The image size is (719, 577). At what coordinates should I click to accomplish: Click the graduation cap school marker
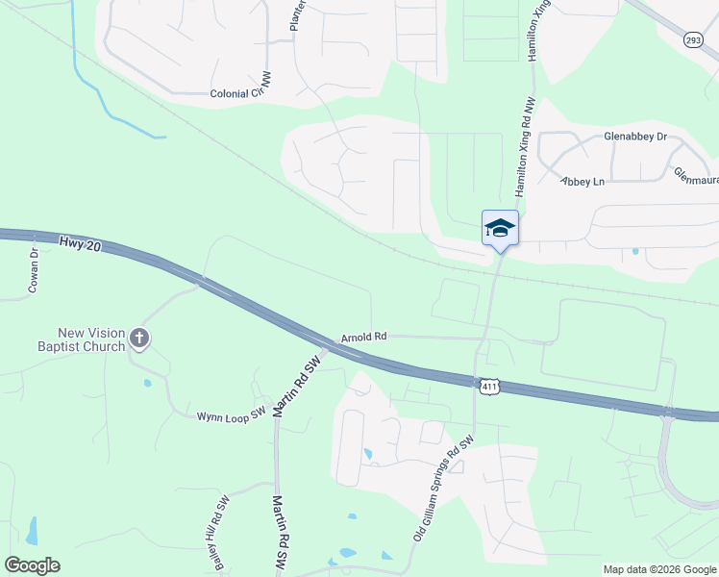pos(500,229)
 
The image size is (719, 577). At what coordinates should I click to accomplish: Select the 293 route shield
pos(693,39)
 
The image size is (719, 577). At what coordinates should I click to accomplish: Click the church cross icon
pos(139,339)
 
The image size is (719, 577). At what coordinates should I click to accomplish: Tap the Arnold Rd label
pos(363,338)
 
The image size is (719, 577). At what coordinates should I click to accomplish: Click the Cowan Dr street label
pos(34,271)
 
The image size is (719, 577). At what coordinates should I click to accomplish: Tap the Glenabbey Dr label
pos(634,137)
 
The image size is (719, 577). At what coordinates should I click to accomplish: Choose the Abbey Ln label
pos(583,181)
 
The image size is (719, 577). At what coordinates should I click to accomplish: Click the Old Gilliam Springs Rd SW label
pos(444,487)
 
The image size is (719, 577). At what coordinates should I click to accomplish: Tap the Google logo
pos(32,565)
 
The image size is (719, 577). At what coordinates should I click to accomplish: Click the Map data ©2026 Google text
pos(659,569)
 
